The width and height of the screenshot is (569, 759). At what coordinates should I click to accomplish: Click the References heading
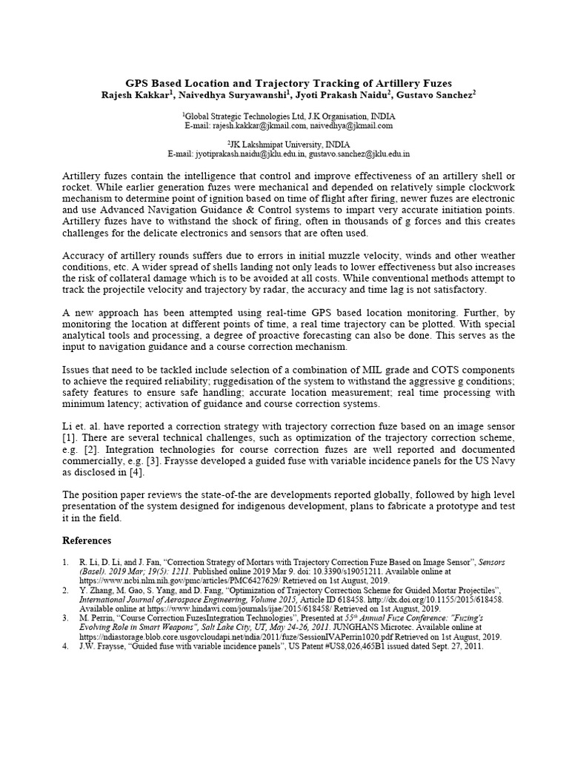[87, 540]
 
